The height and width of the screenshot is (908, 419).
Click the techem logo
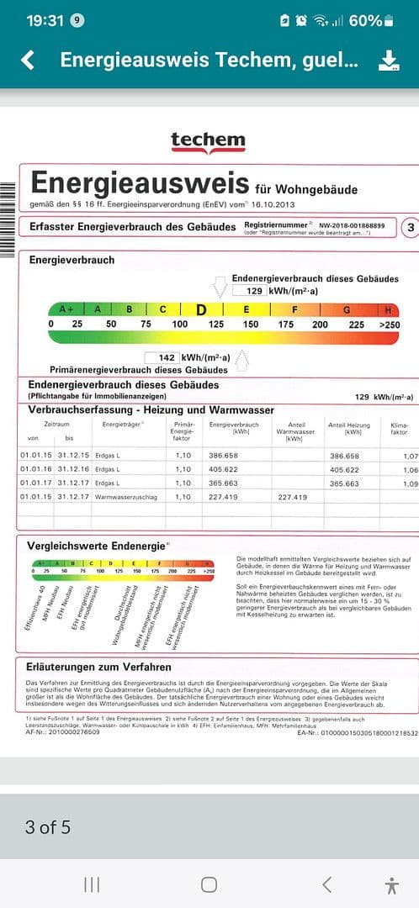tap(208, 141)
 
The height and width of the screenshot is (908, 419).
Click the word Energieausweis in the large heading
tap(140, 183)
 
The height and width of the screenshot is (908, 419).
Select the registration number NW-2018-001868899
tap(349, 225)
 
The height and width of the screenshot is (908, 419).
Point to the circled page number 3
tap(411, 228)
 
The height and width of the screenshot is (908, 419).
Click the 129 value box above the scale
tap(249, 290)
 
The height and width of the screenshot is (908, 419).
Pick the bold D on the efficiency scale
tap(202, 309)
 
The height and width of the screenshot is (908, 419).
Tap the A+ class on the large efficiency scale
tap(66, 309)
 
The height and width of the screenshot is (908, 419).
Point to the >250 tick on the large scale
tap(390, 325)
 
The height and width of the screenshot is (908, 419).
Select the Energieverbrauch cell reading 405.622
tap(223, 470)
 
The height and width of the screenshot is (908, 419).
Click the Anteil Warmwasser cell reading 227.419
tap(292, 497)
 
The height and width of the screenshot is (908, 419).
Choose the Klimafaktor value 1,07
tap(411, 456)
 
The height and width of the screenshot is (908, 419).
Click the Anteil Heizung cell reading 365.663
tap(345, 483)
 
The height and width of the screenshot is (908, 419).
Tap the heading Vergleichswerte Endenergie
tap(96, 545)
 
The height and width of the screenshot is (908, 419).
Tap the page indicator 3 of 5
tap(48, 827)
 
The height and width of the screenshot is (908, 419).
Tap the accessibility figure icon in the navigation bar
tap(391, 884)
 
